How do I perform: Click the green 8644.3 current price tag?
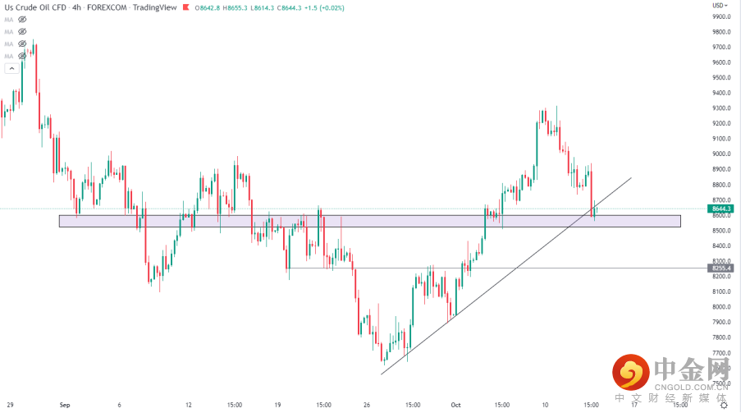[722, 209]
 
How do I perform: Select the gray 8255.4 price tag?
[722, 268]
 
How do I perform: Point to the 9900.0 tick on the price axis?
[722, 16]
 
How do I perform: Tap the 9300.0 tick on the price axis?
[722, 108]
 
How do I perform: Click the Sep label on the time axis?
[65, 405]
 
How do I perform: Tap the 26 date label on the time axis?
[368, 405]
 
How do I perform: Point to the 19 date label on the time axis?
[278, 405]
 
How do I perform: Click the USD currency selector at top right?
[719, 5]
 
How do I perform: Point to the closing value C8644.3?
[286, 7]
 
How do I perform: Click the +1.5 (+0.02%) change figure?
[325, 7]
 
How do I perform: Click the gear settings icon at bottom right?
[723, 405]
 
